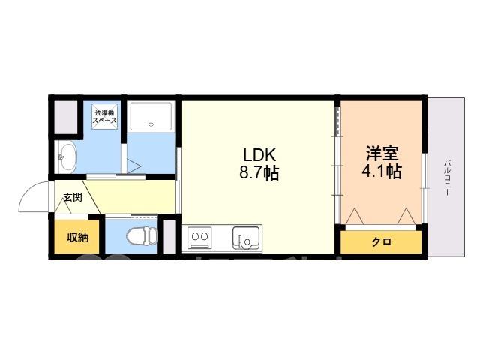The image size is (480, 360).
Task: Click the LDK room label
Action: click(x=259, y=155)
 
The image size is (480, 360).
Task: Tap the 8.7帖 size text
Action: click(x=259, y=173)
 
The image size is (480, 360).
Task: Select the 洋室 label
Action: click(x=382, y=154)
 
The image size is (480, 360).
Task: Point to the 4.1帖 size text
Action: click(x=382, y=172)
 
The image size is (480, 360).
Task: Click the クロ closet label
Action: click(x=382, y=241)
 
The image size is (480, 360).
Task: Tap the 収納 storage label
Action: click(x=78, y=237)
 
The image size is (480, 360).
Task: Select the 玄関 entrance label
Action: click(x=73, y=197)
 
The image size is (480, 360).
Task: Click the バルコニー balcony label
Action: click(x=447, y=178)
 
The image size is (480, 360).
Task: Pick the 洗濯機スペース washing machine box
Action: click(x=105, y=117)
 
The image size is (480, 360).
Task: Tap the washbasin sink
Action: click(x=68, y=158)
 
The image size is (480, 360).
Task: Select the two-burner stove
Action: click(x=199, y=237)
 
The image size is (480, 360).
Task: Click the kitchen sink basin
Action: click(x=247, y=238)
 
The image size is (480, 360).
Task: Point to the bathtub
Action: click(x=151, y=117)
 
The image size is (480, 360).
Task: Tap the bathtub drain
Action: click(x=151, y=124)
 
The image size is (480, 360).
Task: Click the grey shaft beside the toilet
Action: click(x=169, y=236)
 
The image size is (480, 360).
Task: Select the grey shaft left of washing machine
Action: click(x=65, y=117)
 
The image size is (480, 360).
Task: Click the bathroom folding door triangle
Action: click(x=133, y=166)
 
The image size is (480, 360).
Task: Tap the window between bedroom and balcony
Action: click(x=424, y=187)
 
